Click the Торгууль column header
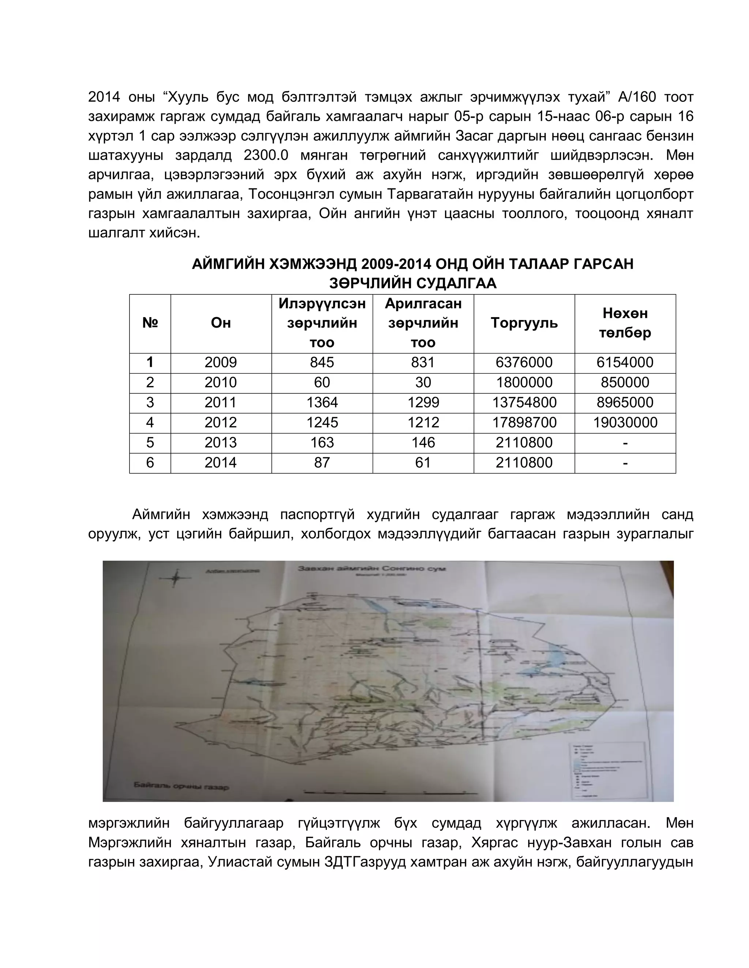point(524,323)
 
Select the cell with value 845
point(322,363)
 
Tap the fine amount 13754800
point(524,403)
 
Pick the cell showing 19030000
point(625,422)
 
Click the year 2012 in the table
point(221,422)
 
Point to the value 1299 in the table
point(423,403)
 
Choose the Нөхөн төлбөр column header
point(625,323)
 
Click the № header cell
point(150,323)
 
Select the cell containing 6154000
point(625,363)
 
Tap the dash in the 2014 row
point(625,463)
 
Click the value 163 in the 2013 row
point(322,442)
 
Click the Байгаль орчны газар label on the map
point(181,787)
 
